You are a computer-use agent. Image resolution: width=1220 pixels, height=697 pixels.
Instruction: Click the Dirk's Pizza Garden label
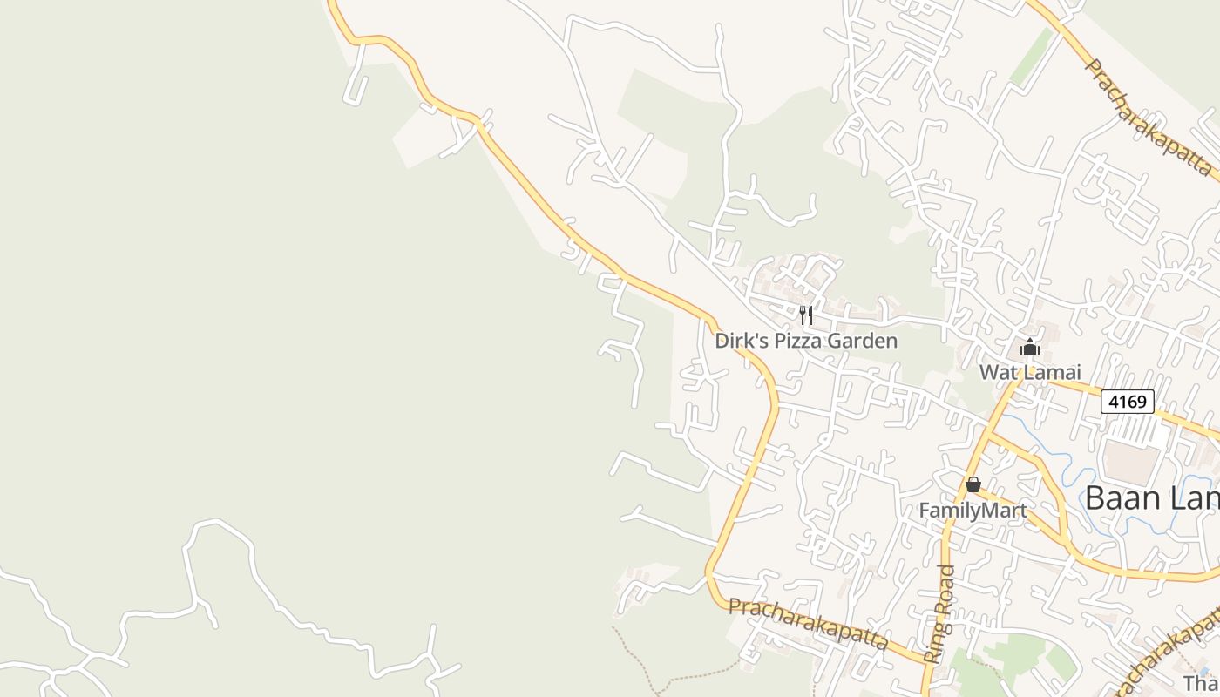point(806,341)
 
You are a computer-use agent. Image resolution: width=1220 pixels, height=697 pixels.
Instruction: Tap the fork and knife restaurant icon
point(806,315)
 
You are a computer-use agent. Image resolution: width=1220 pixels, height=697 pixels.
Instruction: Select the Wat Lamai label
point(1029,372)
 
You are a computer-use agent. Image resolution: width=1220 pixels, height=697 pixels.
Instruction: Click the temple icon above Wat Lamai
point(1030,348)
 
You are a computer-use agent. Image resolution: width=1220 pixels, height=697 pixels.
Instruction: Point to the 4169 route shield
point(1127,402)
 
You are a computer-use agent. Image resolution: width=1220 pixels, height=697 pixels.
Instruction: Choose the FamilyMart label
point(973,510)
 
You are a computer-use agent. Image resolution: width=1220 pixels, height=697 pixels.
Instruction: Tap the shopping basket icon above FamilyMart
point(973,484)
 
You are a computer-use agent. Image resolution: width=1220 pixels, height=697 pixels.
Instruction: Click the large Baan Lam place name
point(1151,498)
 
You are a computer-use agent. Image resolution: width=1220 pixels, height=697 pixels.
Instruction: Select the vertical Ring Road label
point(939,614)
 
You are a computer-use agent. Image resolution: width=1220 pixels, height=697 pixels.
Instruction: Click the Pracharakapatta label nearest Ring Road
point(808,623)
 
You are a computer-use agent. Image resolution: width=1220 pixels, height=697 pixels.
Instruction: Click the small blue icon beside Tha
point(1205,670)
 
